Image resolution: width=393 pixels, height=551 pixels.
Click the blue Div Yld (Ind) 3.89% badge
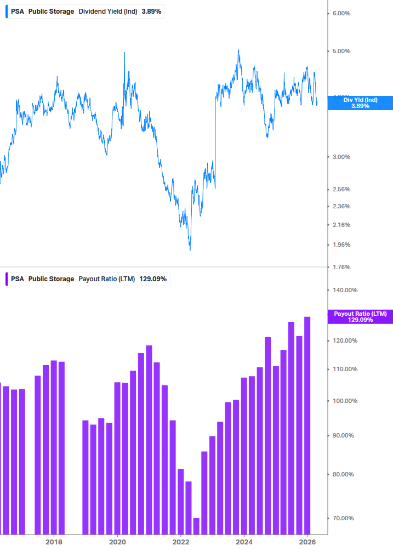pos(360,103)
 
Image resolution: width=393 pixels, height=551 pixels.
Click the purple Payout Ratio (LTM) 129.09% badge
pos(360,316)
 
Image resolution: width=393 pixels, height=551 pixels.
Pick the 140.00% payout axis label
pos(345,290)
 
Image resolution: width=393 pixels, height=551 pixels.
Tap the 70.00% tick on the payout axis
pos(344,518)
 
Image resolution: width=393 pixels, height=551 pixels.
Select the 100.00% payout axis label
pos(345,401)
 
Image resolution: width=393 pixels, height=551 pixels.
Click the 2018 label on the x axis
pos(54,541)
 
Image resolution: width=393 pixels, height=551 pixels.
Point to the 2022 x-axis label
pos(181,541)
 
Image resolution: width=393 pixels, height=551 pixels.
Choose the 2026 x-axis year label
pos(308,541)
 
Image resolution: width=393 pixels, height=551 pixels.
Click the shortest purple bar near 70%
pos(196,526)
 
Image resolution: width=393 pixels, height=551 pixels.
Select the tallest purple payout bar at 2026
pos(307,425)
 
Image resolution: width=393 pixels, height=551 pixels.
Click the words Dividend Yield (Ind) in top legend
pos(107,11)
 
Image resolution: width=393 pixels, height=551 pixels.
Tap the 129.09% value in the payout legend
pos(153,279)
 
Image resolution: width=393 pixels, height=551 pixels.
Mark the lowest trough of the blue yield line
pos(190,250)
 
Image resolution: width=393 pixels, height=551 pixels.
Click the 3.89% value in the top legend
pos(151,11)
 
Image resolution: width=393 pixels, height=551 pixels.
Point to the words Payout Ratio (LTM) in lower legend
pos(107,279)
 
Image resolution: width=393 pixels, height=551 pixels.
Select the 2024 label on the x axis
pos(244,541)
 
